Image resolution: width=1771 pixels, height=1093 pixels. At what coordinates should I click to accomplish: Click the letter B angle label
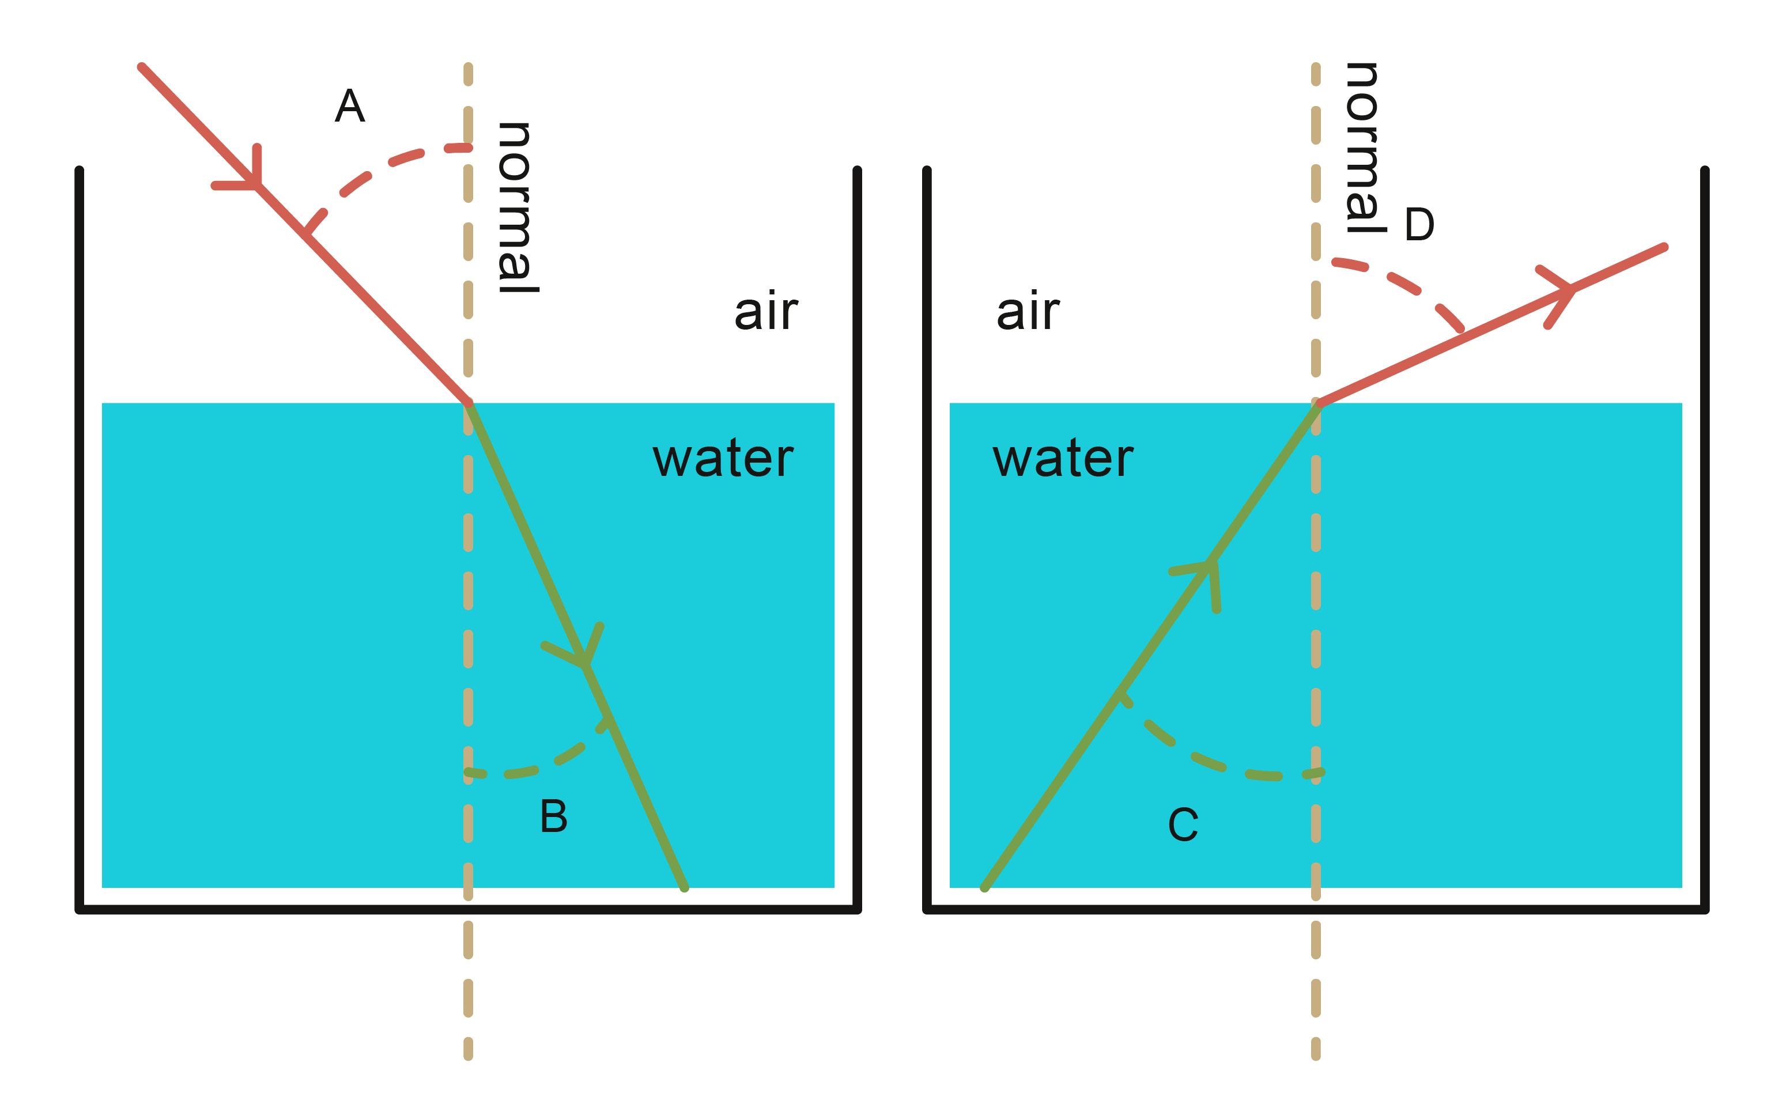tap(554, 817)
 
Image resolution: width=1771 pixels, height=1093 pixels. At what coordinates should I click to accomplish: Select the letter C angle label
tap(1183, 825)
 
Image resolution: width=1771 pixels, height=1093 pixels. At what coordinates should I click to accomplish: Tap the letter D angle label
tap(1419, 225)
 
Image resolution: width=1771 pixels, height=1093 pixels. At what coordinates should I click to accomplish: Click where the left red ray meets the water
tap(469, 403)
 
